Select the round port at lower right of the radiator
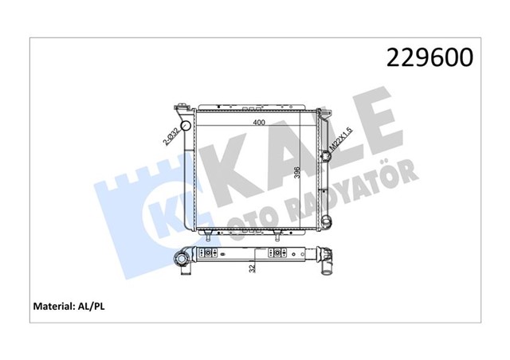pos(327,217)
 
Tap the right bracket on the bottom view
pos(280,254)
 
